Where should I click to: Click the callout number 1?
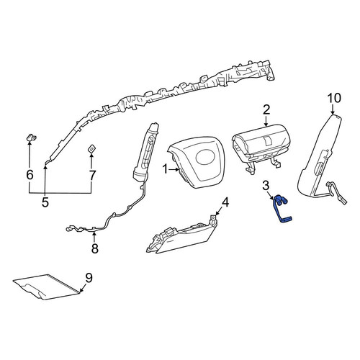165,170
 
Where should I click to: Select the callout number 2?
266,110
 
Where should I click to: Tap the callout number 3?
266,185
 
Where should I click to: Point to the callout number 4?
225,202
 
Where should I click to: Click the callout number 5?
45,202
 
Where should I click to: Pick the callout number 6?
30,175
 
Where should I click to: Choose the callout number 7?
92,175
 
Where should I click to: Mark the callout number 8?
95,248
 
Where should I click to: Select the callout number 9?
89,278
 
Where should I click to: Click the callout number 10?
334,98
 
